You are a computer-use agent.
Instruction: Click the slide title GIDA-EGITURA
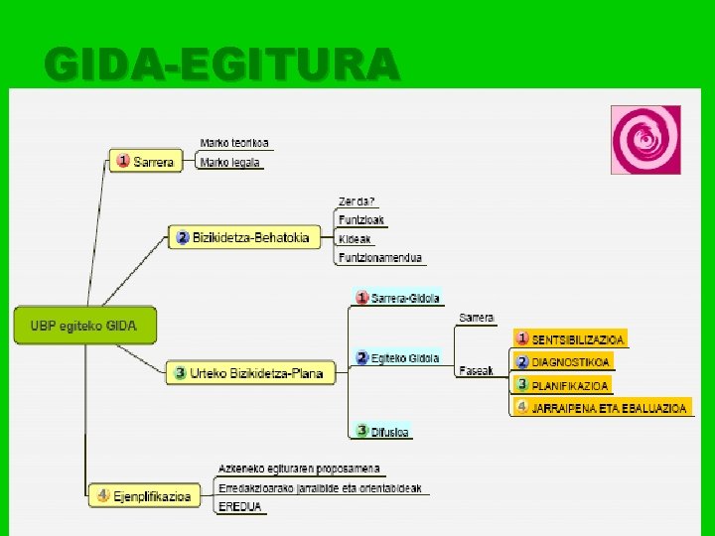[x=221, y=65]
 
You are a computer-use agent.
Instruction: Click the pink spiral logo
[x=645, y=140]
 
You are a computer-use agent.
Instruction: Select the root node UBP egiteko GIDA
[x=83, y=325]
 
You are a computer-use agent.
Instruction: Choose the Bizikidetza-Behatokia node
[x=243, y=237]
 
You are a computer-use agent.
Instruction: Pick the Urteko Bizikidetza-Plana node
[x=249, y=373]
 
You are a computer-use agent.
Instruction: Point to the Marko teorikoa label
[x=234, y=143]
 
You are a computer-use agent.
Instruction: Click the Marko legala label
[x=230, y=162]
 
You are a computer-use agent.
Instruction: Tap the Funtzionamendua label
[x=380, y=257]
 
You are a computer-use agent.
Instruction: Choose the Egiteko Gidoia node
[x=397, y=357]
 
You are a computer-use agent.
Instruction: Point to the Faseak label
[x=477, y=370]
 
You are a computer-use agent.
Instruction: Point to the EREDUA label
[x=240, y=506]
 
